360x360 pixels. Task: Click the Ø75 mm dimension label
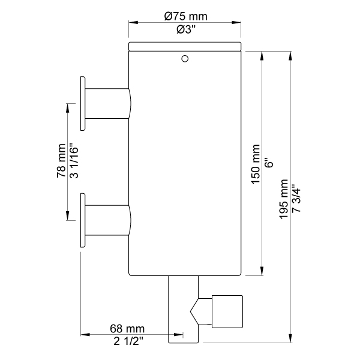click(185, 16)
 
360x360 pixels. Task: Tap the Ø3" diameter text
click(186, 29)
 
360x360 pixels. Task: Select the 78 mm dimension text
click(61, 161)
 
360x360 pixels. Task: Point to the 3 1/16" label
click(74, 161)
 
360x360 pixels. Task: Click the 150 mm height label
click(256, 164)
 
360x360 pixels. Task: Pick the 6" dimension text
click(270, 163)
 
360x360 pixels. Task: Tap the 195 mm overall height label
click(284, 199)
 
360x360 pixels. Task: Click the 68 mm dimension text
click(127, 329)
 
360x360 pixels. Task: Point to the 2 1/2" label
click(128, 341)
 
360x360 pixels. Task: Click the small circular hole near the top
click(185, 59)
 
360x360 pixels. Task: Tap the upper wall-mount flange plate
click(83, 104)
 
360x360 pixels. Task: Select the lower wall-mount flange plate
click(83, 220)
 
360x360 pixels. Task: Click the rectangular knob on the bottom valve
click(227, 311)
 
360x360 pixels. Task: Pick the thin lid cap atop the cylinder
click(185, 46)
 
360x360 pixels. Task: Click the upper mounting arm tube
click(108, 104)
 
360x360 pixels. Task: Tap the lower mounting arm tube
click(108, 220)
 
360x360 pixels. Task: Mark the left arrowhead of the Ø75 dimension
click(133, 23)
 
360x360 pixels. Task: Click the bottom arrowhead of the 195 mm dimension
click(290, 338)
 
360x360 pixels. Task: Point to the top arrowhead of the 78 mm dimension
click(67, 108)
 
